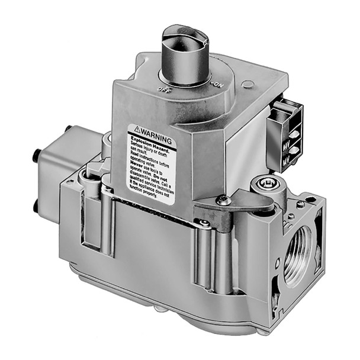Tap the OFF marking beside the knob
pos(164,89)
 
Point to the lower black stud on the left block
pos(35,203)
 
